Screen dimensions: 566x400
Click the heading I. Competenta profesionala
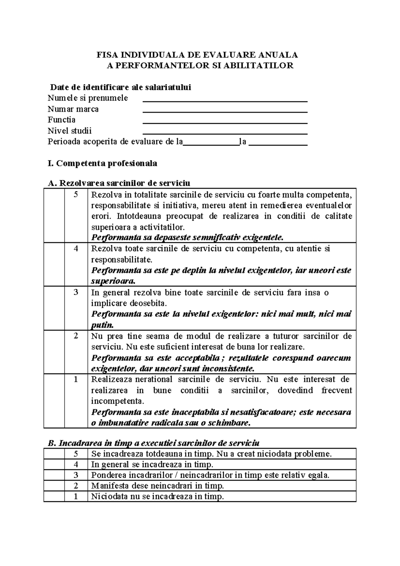pos(102,164)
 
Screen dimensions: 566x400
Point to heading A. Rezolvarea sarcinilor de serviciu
pos(119,183)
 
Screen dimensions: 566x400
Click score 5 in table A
pos(76,194)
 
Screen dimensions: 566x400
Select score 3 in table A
pos(76,292)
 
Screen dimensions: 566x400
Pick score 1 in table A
pos(76,379)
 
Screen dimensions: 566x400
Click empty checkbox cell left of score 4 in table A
pos(54,264)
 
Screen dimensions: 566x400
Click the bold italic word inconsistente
pos(230,369)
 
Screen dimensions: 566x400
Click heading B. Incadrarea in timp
pos(154,443)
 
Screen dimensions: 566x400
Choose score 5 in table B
pos(76,454)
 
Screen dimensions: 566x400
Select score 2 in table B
pos(76,486)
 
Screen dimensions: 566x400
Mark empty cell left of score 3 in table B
pos(54,475)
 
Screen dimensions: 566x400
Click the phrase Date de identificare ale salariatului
pos(121,88)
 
